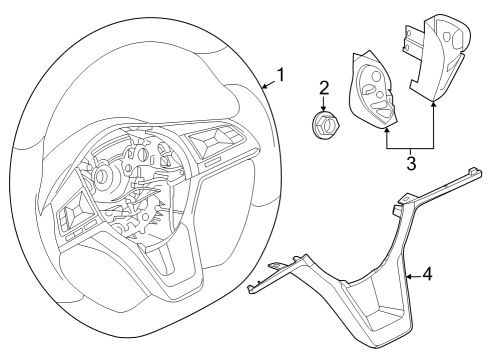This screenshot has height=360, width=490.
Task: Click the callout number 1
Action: click(x=281, y=75)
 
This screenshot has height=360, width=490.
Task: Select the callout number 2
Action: click(x=323, y=88)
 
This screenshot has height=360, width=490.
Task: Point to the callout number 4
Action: click(x=428, y=273)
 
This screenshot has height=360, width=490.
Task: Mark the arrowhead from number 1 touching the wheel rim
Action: click(x=263, y=87)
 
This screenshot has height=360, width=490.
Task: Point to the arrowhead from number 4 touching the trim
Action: click(x=407, y=273)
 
